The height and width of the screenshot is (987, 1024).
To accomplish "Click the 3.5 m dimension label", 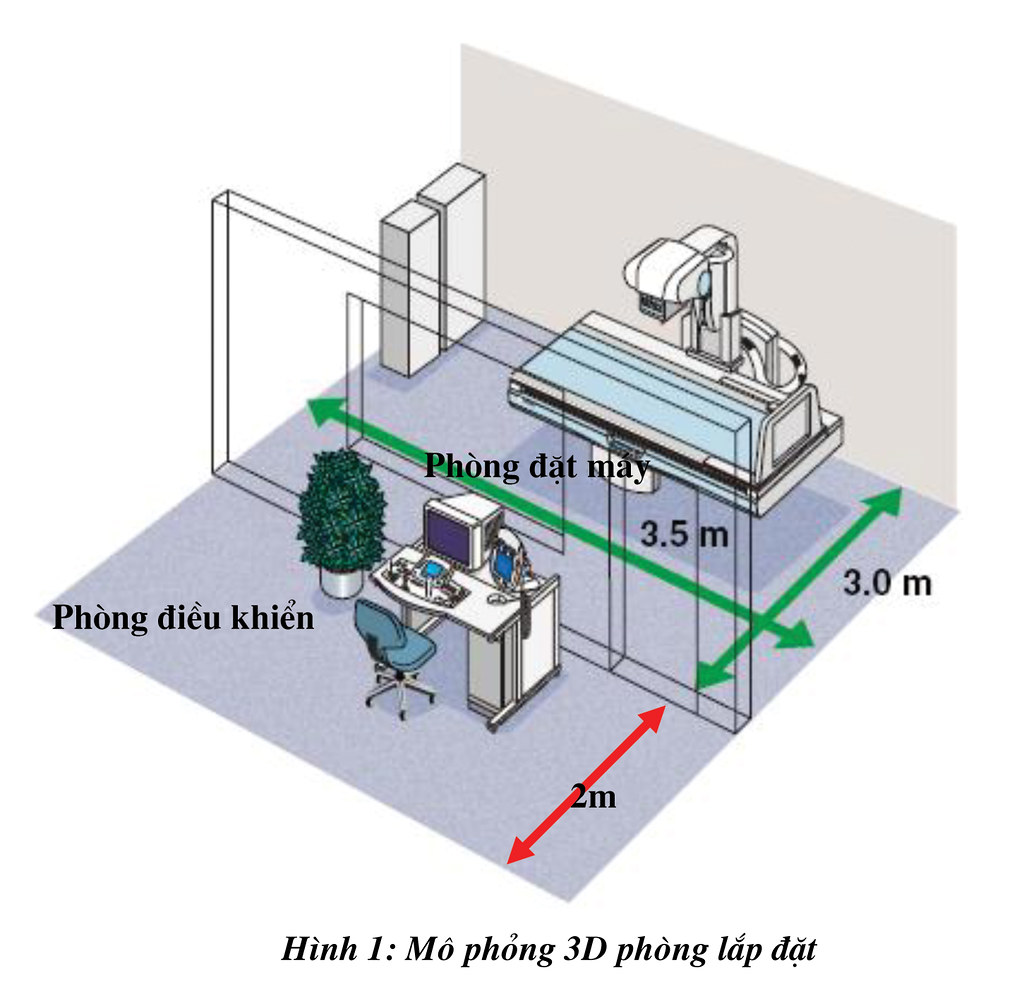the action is tap(684, 534).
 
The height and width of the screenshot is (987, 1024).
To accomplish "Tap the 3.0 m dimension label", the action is tap(887, 582).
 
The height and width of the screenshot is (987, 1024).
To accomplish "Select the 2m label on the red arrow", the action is tap(593, 796).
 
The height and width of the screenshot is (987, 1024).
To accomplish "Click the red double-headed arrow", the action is tap(586, 784).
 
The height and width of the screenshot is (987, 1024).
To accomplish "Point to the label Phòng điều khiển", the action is tap(184, 617).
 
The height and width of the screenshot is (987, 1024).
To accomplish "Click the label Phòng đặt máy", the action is tap(537, 466).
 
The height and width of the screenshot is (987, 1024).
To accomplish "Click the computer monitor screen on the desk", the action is tap(448, 536).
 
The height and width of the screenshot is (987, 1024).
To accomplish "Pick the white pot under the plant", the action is tap(341, 582).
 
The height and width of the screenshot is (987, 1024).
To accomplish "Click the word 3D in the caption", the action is tap(584, 948).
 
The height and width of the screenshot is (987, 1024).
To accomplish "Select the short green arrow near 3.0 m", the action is tap(798, 588).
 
